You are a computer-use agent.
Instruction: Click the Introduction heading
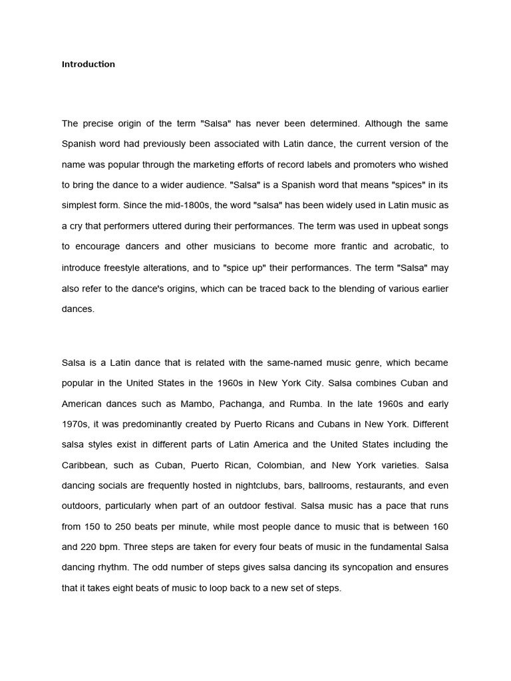tap(88, 65)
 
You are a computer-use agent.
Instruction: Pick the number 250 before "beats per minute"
tap(130, 527)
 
